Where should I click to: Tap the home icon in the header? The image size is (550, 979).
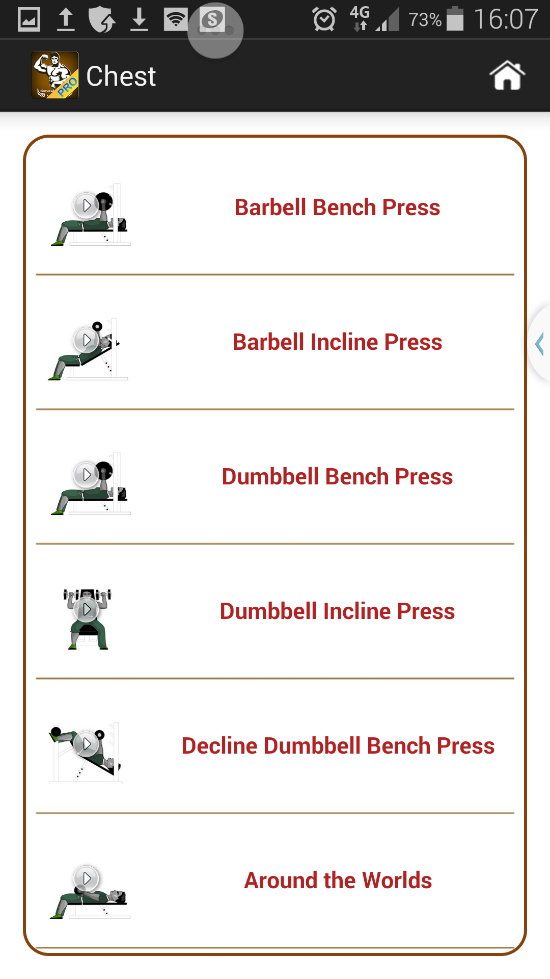[507, 75]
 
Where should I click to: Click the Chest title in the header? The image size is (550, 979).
[121, 76]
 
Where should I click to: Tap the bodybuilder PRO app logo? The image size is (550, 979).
[55, 75]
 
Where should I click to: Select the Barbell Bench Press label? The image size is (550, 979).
[337, 208]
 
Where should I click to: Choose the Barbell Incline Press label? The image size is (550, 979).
[337, 342]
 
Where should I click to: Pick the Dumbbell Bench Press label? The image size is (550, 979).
[337, 477]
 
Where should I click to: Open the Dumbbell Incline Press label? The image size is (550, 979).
[337, 611]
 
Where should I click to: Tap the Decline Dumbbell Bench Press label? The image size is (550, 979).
[338, 746]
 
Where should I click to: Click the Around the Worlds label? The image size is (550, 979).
[338, 881]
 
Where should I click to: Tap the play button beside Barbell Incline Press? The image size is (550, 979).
[86, 340]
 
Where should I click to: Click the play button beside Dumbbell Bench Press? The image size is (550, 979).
[86, 475]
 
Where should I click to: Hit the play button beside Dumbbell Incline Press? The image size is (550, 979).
[86, 609]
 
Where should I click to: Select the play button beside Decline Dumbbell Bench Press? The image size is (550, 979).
[86, 744]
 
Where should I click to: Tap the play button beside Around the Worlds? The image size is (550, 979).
[86, 878]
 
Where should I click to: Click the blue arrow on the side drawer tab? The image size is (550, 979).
[540, 343]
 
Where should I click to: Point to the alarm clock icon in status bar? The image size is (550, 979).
[324, 20]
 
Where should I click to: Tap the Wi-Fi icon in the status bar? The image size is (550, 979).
[176, 20]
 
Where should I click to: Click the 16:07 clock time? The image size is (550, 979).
[506, 20]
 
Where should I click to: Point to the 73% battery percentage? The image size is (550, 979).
[425, 20]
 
